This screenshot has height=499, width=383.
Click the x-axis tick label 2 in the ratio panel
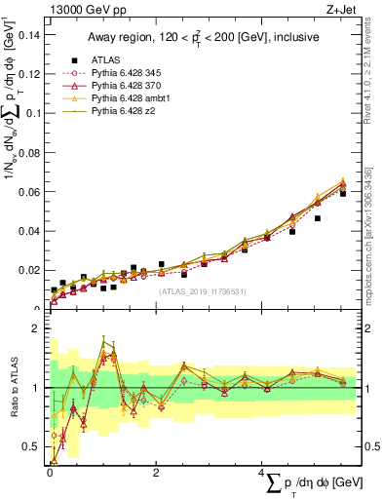tap(156, 473)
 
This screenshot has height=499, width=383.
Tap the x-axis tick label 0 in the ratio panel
tap(50, 473)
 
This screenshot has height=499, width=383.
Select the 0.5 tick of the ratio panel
tap(31, 446)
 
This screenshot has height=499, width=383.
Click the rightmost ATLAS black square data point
tap(343, 193)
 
